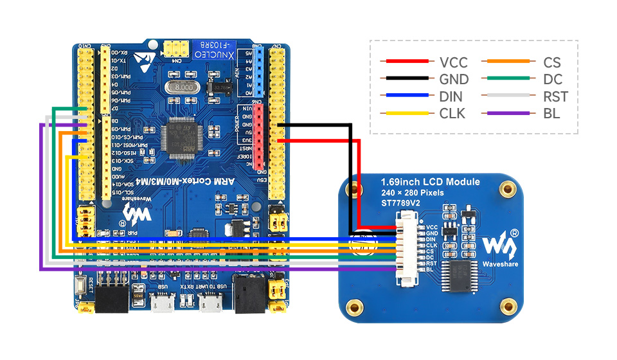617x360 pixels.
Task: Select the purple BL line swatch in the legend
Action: point(508,114)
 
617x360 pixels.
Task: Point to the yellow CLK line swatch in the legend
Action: point(405,114)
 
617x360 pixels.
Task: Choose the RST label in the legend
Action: point(555,97)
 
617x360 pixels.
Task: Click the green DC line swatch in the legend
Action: point(508,80)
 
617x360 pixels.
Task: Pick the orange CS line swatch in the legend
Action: point(508,62)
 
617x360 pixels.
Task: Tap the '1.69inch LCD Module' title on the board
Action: point(430,182)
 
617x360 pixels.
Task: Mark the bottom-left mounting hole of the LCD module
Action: point(353,305)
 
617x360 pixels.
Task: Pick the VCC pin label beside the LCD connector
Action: point(431,227)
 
